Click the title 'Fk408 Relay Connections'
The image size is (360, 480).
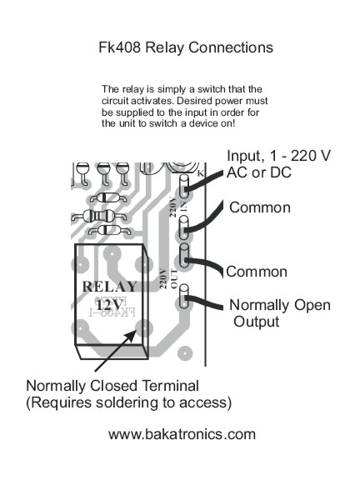coord(186,47)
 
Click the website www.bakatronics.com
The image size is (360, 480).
coord(182,434)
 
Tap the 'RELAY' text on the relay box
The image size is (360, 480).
coord(109,287)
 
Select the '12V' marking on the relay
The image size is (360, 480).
coord(109,305)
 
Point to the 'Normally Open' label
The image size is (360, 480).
coord(280,305)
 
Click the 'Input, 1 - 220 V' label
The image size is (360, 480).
coord(278,156)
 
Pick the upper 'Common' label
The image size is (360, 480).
coord(260,207)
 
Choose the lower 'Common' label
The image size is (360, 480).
coord(257,272)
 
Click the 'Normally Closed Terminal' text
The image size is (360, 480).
coord(112,386)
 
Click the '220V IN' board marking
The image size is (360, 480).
coord(178,207)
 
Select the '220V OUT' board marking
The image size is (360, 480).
coord(168,278)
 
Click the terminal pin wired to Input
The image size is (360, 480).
coord(183,186)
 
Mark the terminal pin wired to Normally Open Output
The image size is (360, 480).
coord(183,296)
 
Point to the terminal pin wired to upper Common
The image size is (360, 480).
coord(183,227)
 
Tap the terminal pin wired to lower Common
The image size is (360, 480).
coord(184,255)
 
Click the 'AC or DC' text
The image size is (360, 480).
coord(259,172)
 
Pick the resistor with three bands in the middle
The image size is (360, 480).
coord(98,217)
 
